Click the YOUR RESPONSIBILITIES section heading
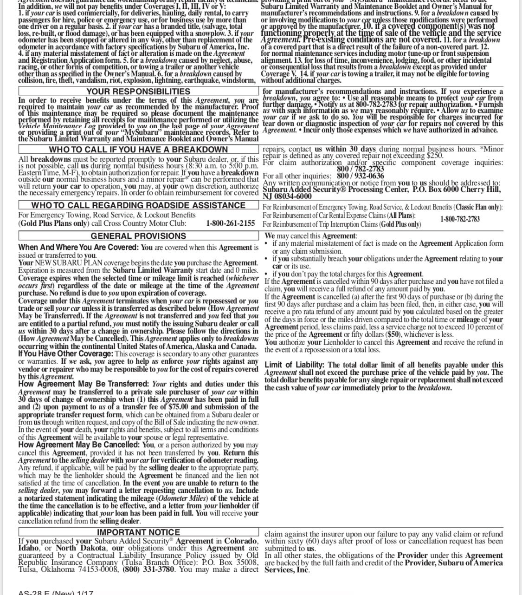138,92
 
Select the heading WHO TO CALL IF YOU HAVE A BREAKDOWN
138,150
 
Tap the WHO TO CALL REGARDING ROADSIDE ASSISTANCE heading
138,205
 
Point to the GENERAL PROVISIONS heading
138,236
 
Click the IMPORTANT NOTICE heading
138,532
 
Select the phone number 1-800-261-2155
231,223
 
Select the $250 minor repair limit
434,156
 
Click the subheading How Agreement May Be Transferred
84,384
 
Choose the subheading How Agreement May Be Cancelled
79,445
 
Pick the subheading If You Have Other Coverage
65,354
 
